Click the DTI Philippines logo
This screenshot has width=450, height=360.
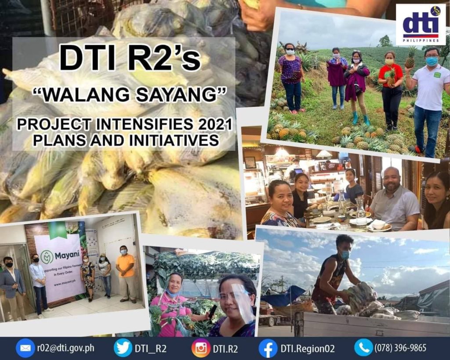(x=421, y=25)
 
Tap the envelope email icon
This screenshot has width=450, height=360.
(x=25, y=348)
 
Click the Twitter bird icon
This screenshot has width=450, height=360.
(x=123, y=348)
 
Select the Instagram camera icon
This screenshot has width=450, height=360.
(x=201, y=348)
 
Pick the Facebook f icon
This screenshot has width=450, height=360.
(x=268, y=348)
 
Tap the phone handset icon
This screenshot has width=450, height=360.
(x=363, y=348)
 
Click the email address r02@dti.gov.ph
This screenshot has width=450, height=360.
(x=65, y=348)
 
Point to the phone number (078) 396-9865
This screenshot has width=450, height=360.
(x=400, y=348)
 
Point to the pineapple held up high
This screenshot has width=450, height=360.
(x=410, y=58)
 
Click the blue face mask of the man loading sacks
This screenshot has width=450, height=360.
(x=345, y=254)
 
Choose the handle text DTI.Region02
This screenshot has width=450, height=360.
(x=308, y=348)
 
